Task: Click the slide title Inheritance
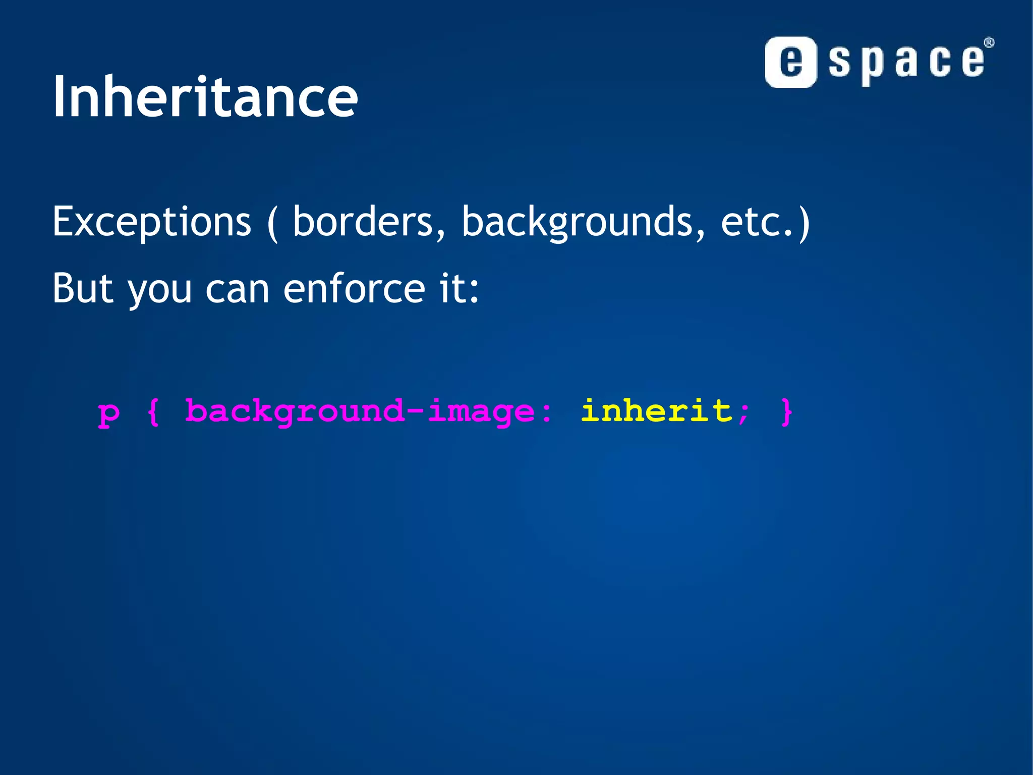(x=205, y=97)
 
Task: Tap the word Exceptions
(x=151, y=222)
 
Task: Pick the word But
(x=83, y=288)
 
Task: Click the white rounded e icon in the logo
(x=790, y=63)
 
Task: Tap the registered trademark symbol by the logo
(x=989, y=43)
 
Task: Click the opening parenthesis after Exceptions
(x=272, y=223)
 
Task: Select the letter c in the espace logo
(x=940, y=62)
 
